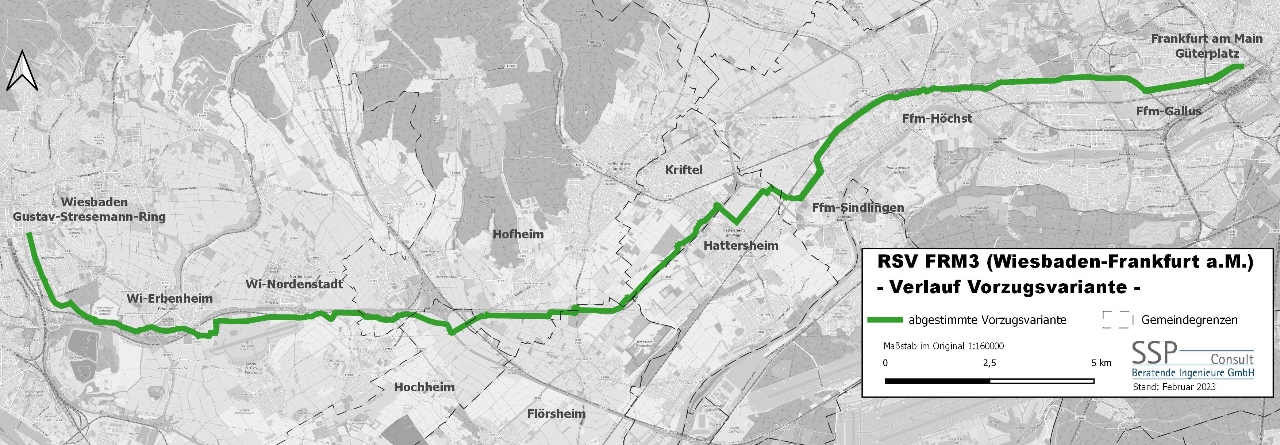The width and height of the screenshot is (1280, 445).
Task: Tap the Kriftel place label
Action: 684,170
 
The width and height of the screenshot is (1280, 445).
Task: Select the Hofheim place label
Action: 518,234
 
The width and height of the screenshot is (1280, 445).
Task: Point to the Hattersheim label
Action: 741,245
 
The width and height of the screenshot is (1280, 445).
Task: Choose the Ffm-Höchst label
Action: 937,118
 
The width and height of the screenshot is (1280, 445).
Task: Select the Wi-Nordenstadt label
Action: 295,284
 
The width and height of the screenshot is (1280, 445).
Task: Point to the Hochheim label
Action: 424,387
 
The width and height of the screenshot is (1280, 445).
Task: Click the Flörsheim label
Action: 557,413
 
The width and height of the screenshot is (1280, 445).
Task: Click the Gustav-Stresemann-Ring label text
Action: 89,217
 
